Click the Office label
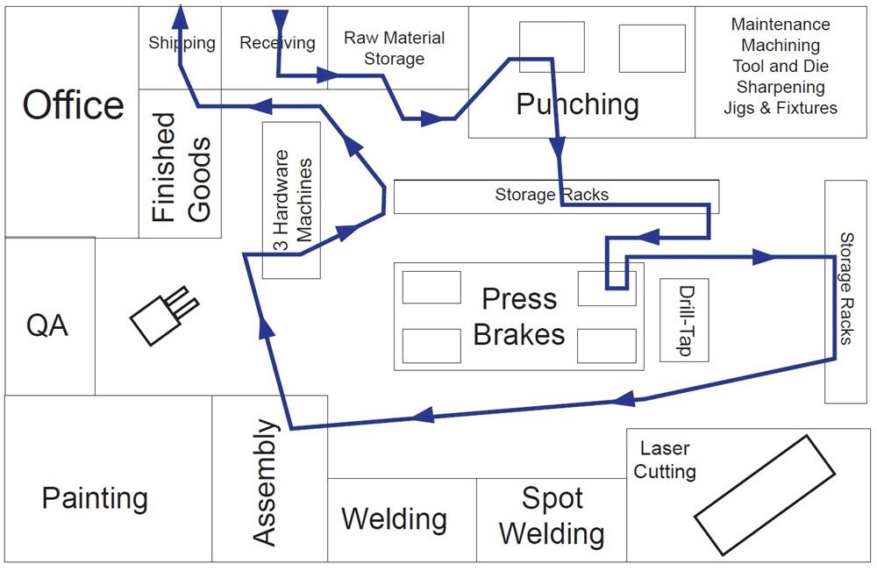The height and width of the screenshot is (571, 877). [x=73, y=105]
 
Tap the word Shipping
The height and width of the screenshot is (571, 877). [x=182, y=43]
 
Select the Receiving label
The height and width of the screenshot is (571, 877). [x=277, y=43]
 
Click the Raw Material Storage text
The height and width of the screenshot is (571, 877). [x=394, y=48]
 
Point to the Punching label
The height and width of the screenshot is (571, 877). [x=577, y=104]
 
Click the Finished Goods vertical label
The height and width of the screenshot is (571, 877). [x=181, y=167]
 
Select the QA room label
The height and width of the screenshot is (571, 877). [x=47, y=325]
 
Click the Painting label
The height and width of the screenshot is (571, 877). [x=95, y=498]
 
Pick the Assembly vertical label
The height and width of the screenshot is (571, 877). [x=266, y=482]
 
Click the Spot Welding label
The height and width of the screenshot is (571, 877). [x=552, y=516]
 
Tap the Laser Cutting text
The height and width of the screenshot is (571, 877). [x=665, y=460]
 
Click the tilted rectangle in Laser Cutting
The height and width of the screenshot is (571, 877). [x=764, y=495]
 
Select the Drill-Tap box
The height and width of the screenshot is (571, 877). [x=684, y=320]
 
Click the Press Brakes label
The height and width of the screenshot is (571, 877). [x=519, y=316]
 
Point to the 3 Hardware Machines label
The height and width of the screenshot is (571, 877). [x=292, y=201]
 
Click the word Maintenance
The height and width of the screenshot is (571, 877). [x=780, y=25]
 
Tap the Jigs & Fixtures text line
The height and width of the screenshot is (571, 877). [x=780, y=109]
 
